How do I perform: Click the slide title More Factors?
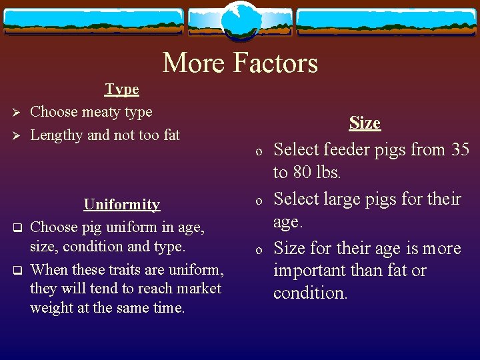pyautogui.click(x=240, y=63)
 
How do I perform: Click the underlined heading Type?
pyautogui.click(x=122, y=89)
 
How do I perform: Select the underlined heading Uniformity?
pyautogui.click(x=121, y=205)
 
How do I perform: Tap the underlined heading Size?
pyautogui.click(x=365, y=123)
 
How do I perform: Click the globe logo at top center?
pyautogui.click(x=240, y=20)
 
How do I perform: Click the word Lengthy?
pyautogui.click(x=57, y=135)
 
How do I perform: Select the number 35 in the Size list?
pyautogui.click(x=460, y=150)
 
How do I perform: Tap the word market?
pyautogui.click(x=197, y=289)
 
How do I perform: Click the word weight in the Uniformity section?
pyautogui.click(x=49, y=309)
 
